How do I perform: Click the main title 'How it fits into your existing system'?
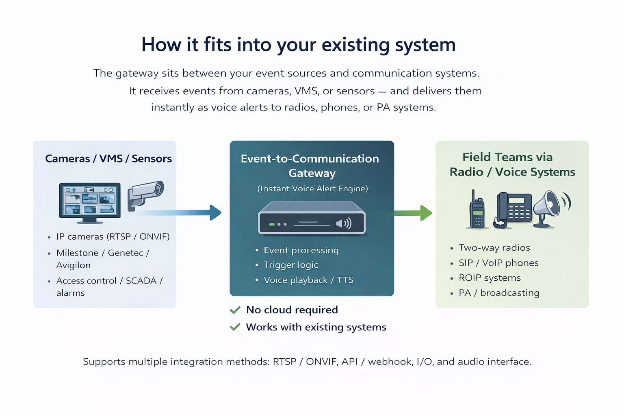click(298, 45)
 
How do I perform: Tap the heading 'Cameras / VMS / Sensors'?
click(108, 158)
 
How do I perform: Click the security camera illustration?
click(145, 194)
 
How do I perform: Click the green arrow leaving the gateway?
click(410, 213)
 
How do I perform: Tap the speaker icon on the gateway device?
click(344, 223)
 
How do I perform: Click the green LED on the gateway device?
click(272, 224)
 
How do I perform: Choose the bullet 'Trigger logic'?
click(290, 265)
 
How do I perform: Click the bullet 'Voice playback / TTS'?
click(308, 280)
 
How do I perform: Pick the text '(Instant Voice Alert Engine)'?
click(312, 188)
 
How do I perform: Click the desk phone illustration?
click(513, 209)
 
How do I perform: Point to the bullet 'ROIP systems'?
click(490, 278)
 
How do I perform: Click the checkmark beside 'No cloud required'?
click(235, 310)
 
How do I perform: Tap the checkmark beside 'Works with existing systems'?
click(235, 327)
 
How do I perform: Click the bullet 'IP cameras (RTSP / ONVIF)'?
click(113, 236)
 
